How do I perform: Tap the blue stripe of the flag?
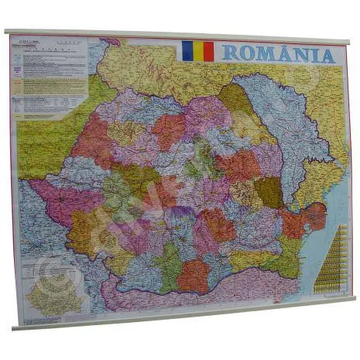click(187, 51)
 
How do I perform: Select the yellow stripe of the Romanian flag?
click(197, 51)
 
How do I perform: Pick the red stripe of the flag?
click(207, 52)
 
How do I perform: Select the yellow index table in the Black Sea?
click(331, 256)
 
